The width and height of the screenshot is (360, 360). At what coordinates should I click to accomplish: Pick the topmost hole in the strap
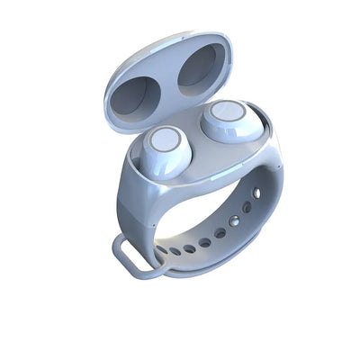pos(259,193)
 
